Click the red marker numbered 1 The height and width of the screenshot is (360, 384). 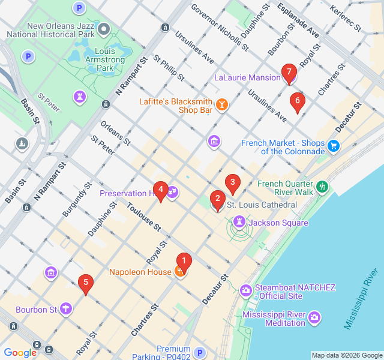coord(184,261)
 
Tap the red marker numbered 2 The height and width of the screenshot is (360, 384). coord(217,197)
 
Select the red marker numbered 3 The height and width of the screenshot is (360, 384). coord(233,182)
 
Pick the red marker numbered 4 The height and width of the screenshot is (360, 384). coord(160,189)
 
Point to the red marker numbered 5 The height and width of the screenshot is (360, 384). coord(86,282)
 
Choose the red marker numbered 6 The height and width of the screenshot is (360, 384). coord(296,101)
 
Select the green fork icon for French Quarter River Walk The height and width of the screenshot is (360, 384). coord(322,187)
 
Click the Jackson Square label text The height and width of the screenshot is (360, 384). coord(278,223)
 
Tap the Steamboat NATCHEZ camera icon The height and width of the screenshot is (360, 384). coord(246,291)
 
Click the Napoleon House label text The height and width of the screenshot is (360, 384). coord(140,272)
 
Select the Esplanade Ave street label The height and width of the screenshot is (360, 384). coord(298,20)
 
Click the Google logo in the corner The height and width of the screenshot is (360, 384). coord(20,353)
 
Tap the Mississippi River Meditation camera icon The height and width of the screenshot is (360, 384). coord(314,317)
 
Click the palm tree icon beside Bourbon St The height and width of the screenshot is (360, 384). coord(65,310)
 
